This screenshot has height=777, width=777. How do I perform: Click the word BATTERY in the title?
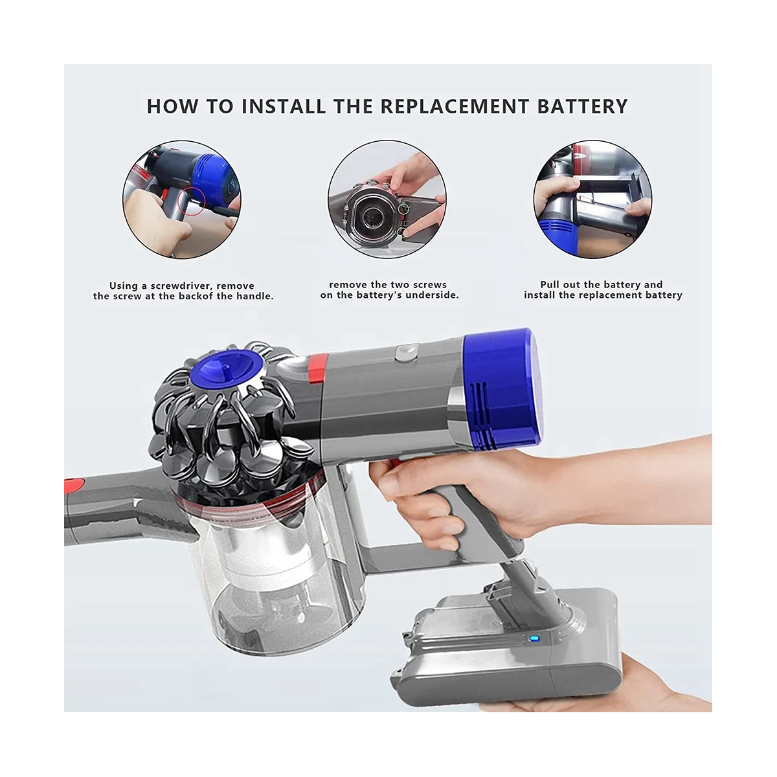coord(582,106)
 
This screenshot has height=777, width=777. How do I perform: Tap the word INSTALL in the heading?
coord(284,106)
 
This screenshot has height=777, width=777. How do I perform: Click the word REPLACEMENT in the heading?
coord(455,106)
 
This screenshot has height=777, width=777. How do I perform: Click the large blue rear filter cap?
coord(503,387)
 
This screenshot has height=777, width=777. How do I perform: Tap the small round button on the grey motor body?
coord(405,352)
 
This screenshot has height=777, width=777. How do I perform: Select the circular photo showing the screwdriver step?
coord(182,199)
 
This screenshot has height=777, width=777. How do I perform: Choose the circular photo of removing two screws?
coord(387,199)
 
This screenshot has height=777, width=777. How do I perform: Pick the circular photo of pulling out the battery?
coord(592,199)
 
